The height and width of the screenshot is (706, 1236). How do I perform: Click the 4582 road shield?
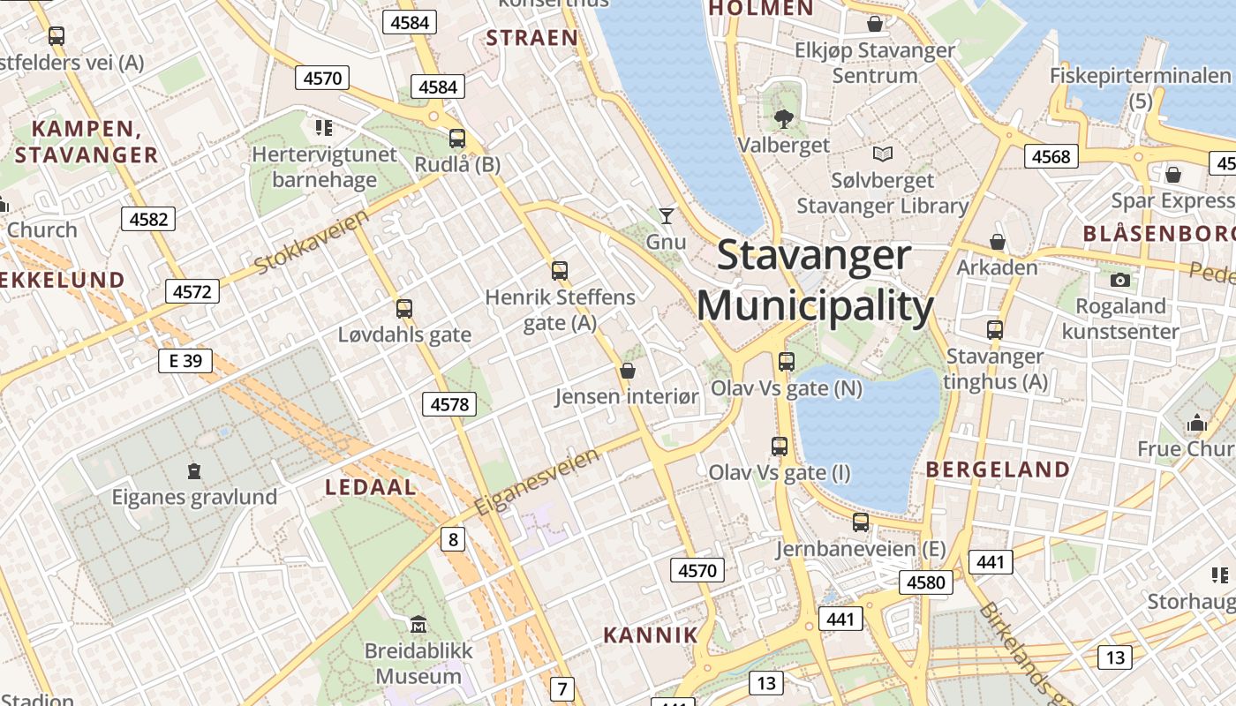coord(148,219)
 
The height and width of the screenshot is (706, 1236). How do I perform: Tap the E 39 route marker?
coord(185,360)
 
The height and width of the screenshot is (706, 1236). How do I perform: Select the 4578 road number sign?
coord(449,404)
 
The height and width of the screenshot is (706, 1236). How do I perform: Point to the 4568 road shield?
coord(1051,157)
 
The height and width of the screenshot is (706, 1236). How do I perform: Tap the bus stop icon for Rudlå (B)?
coord(457,139)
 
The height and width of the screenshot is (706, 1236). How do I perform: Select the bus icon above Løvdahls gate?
coord(404,309)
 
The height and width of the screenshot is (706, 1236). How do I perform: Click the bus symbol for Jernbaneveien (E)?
coord(861,522)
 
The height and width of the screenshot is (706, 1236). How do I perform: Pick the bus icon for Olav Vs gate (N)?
coord(787,362)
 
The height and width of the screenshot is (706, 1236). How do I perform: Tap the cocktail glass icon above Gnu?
coord(667,215)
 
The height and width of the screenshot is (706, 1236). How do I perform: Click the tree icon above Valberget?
coord(783,118)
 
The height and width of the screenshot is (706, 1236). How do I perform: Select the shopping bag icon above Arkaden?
coord(998,242)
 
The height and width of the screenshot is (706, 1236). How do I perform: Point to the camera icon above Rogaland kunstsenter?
coord(1120,281)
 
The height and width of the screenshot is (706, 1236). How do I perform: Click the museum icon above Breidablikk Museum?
coord(418,625)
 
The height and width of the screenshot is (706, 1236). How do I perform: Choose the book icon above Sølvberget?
coord(882,154)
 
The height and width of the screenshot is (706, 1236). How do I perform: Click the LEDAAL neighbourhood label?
coord(371,487)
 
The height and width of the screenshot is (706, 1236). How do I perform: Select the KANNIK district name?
coord(651,635)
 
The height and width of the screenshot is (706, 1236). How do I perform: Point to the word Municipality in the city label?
coord(815,307)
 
